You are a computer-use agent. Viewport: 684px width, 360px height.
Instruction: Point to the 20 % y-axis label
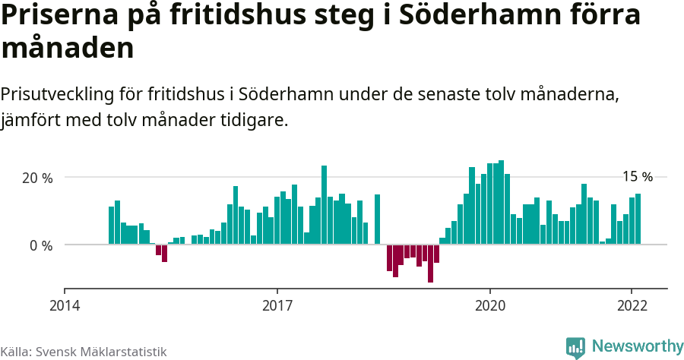[37, 178]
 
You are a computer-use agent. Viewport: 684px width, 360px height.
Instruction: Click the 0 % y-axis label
[41, 245]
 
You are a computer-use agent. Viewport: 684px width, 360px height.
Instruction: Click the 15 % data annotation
[638, 177]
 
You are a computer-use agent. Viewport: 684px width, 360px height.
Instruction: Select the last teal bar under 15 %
[638, 219]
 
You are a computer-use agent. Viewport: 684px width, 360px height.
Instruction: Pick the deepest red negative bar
[430, 263]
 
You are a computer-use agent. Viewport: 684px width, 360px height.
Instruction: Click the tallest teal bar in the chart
[501, 202]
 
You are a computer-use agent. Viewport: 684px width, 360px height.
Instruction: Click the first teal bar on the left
[111, 225]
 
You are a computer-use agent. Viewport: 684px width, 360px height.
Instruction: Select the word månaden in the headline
[68, 49]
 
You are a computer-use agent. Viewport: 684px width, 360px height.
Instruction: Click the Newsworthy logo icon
[575, 347]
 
